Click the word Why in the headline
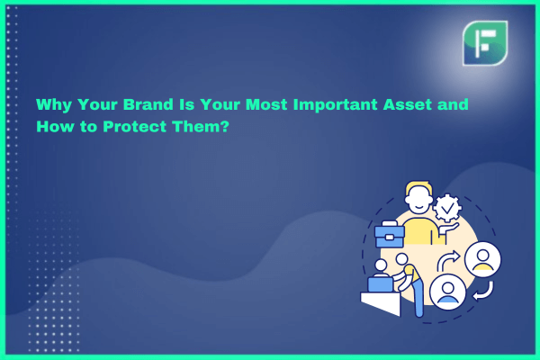[53, 104]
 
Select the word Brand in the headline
[148, 104]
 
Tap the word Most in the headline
[266, 104]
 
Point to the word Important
[335, 104]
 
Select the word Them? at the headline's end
[201, 126]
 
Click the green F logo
[485, 43]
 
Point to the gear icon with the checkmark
[447, 208]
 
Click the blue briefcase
[390, 235]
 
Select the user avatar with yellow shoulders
[482, 259]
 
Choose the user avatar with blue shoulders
[447, 292]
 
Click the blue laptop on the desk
[380, 283]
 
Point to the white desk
[381, 303]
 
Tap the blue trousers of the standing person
[418, 297]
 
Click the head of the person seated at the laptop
[381, 265]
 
